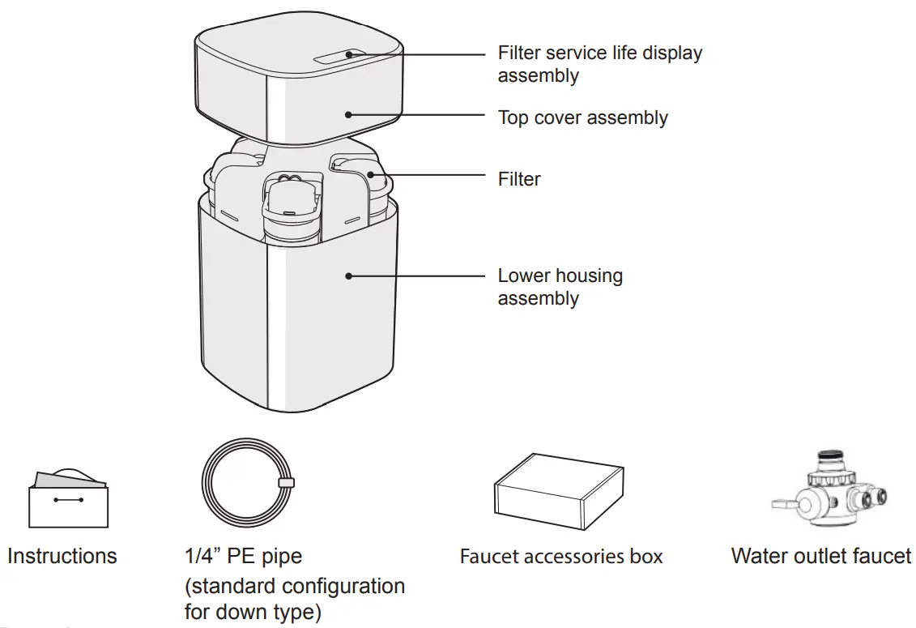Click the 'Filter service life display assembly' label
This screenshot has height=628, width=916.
(599, 64)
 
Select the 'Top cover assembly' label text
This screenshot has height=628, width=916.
(582, 117)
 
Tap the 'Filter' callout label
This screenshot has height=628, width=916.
(519, 179)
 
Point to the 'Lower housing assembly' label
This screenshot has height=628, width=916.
(560, 287)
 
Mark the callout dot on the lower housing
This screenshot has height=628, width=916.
(349, 276)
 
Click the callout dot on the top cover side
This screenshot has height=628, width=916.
(349, 115)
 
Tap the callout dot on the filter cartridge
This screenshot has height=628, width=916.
(369, 173)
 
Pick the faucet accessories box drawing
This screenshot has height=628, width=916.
(559, 491)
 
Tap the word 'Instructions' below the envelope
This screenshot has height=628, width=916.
(62, 557)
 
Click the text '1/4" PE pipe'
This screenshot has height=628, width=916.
(243, 557)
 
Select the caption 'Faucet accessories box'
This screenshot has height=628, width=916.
(560, 557)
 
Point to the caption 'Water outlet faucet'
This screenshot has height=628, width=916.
(820, 557)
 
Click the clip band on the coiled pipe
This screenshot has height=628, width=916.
(285, 483)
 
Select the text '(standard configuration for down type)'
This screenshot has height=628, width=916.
(294, 598)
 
